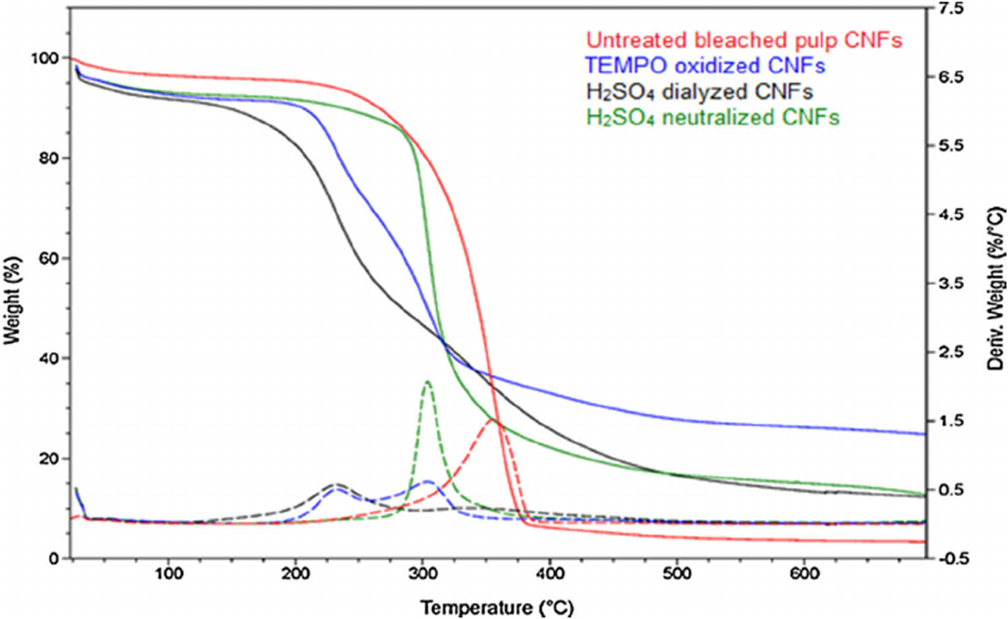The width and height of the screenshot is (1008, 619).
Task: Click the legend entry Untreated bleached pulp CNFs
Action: click(744, 40)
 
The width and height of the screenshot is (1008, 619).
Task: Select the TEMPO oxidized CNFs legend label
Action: click(705, 65)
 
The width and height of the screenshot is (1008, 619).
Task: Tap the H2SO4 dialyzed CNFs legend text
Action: click(699, 92)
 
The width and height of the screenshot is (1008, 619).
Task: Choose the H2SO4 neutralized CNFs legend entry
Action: click(712, 117)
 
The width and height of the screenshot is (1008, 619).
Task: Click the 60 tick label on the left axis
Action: click(48, 258)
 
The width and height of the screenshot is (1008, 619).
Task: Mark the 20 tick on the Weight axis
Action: click(48, 459)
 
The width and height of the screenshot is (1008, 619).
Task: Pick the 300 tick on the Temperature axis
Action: click(423, 574)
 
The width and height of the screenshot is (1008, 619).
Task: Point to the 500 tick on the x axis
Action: click(677, 574)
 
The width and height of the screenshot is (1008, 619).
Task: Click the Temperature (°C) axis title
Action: click(497, 608)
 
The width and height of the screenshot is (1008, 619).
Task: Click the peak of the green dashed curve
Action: click(428, 381)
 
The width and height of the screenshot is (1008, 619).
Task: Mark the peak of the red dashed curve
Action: click(493, 419)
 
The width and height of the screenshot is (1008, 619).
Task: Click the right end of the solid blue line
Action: click(924, 434)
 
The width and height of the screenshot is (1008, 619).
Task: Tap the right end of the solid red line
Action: click(924, 542)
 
